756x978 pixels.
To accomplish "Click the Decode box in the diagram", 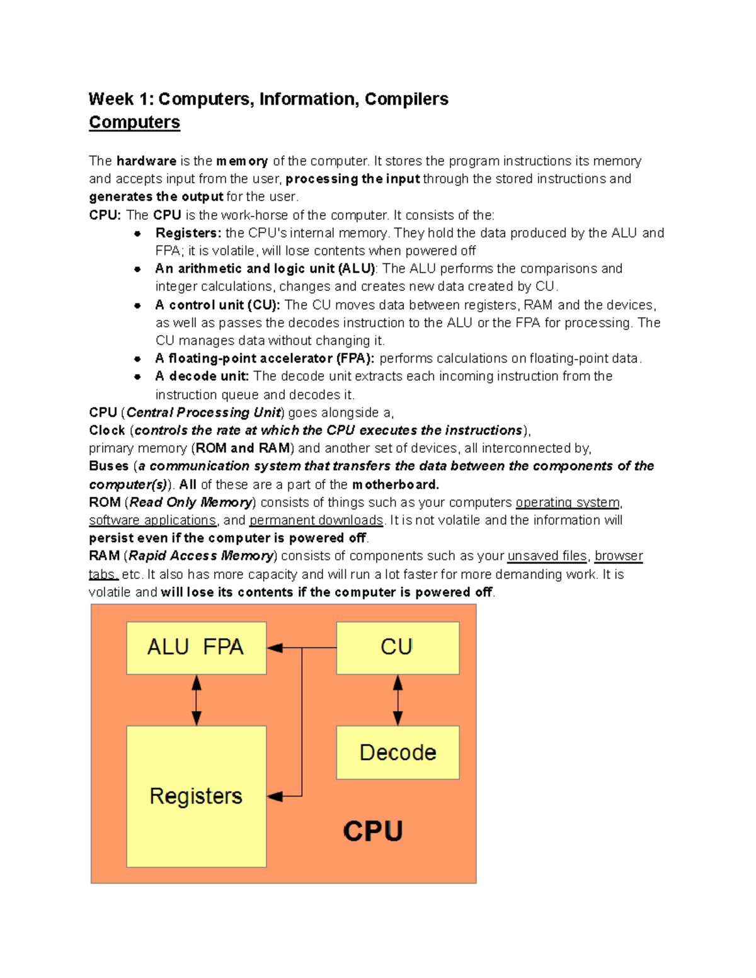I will (398, 753).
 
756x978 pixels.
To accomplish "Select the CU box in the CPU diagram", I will (398, 647).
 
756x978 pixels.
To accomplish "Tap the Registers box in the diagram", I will (196, 796).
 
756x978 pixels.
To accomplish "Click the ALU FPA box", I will (196, 647).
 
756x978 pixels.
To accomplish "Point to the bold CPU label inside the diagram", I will (373, 831).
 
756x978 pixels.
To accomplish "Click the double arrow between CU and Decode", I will (398, 700).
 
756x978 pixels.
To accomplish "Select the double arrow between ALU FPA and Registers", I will (197, 700).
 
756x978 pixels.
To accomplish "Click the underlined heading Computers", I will (134, 122).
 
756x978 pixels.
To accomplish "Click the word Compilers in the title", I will (406, 99).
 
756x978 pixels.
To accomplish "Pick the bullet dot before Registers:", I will (137, 233).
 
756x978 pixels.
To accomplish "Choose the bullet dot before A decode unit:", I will (137, 377).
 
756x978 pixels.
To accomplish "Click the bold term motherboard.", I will (396, 484).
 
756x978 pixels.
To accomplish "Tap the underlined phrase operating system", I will (568, 503).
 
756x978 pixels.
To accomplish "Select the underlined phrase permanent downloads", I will (316, 520).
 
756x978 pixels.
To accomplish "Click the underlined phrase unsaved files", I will (547, 556).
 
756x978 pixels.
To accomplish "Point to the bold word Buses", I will (108, 466).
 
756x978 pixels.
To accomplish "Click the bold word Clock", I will (107, 430).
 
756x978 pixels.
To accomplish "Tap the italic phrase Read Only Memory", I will (190, 503).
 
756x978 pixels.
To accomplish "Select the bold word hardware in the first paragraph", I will (146, 161).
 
